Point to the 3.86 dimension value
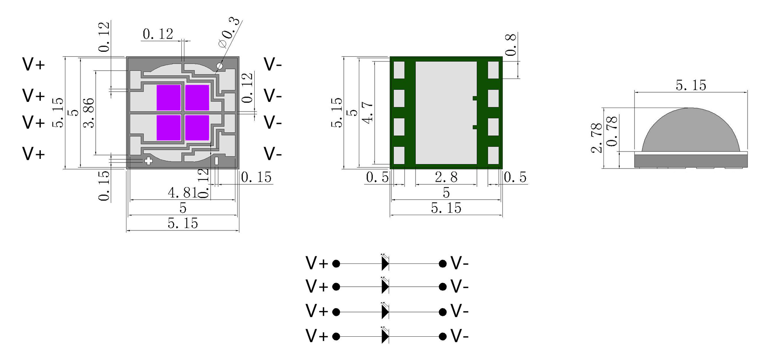click(x=89, y=113)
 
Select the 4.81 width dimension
click(x=183, y=192)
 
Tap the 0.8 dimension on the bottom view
click(x=511, y=45)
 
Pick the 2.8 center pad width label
click(x=446, y=177)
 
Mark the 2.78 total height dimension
click(x=596, y=138)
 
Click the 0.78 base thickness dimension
click(x=611, y=131)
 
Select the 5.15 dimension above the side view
click(x=691, y=85)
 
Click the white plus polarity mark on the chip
click(x=148, y=161)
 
